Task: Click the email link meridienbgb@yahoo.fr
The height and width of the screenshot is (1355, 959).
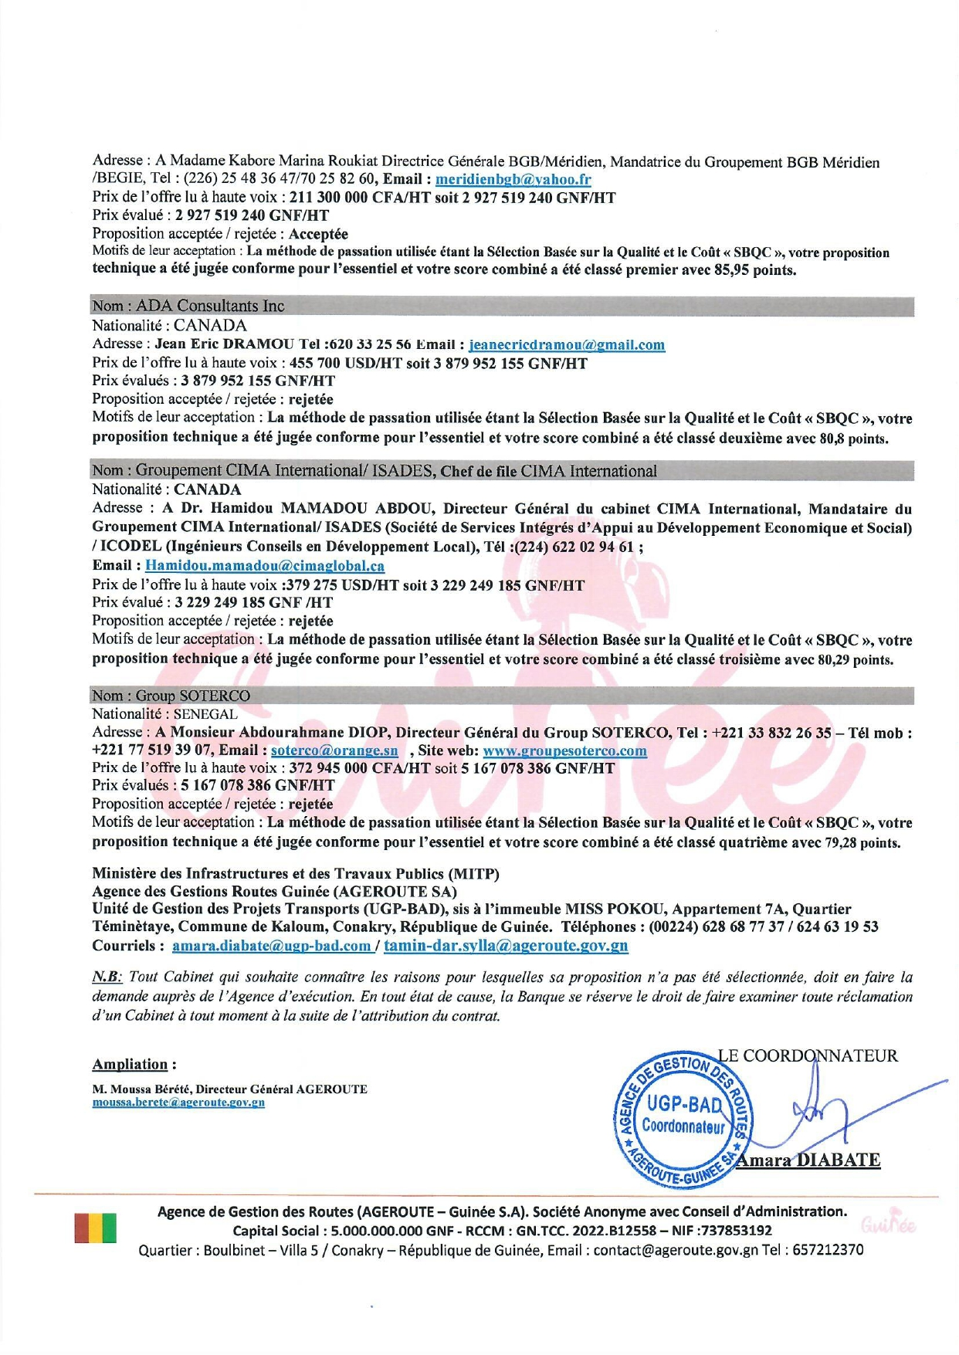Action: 513,180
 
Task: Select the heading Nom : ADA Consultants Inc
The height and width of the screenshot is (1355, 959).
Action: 188,307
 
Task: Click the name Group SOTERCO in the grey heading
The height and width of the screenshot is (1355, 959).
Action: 193,696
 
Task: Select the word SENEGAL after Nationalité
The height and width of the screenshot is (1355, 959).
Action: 205,714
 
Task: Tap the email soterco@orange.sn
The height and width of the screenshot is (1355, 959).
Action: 334,750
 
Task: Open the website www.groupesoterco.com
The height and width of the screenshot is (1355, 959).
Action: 564,750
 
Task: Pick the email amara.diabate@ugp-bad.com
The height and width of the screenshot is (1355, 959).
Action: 271,946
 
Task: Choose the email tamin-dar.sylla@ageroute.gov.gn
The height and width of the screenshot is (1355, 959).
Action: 506,946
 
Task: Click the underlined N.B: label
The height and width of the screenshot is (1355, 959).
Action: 107,977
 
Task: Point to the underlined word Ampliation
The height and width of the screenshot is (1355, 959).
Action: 130,1065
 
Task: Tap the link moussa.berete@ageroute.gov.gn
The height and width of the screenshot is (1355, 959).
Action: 178,1103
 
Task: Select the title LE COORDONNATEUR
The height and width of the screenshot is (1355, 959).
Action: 808,1056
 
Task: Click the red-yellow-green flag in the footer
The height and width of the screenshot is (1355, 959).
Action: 96,1228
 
